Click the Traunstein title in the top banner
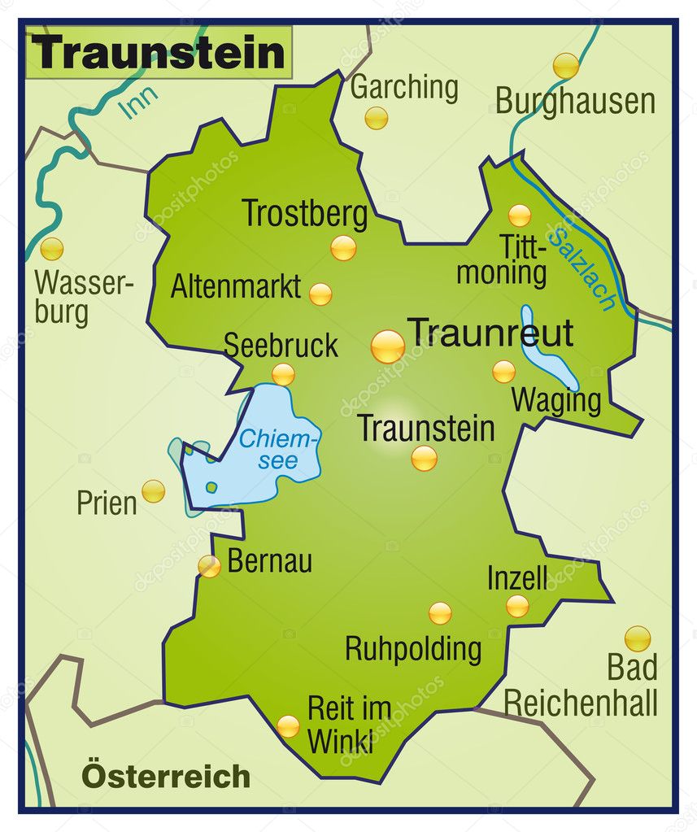click(x=159, y=53)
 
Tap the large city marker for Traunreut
click(x=388, y=346)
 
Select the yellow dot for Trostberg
click(x=343, y=247)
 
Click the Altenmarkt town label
click(x=235, y=287)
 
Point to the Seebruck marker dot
click(x=283, y=374)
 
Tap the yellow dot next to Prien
click(x=153, y=491)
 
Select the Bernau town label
click(x=269, y=562)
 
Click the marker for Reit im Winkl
click(x=288, y=726)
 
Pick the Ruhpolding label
click(x=413, y=649)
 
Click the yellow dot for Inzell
click(x=517, y=606)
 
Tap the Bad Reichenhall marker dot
click(x=637, y=638)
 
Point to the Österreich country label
click(x=165, y=776)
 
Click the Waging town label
click(x=556, y=401)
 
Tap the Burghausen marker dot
click(x=565, y=65)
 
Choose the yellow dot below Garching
click(x=376, y=119)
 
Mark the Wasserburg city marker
click(x=52, y=249)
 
